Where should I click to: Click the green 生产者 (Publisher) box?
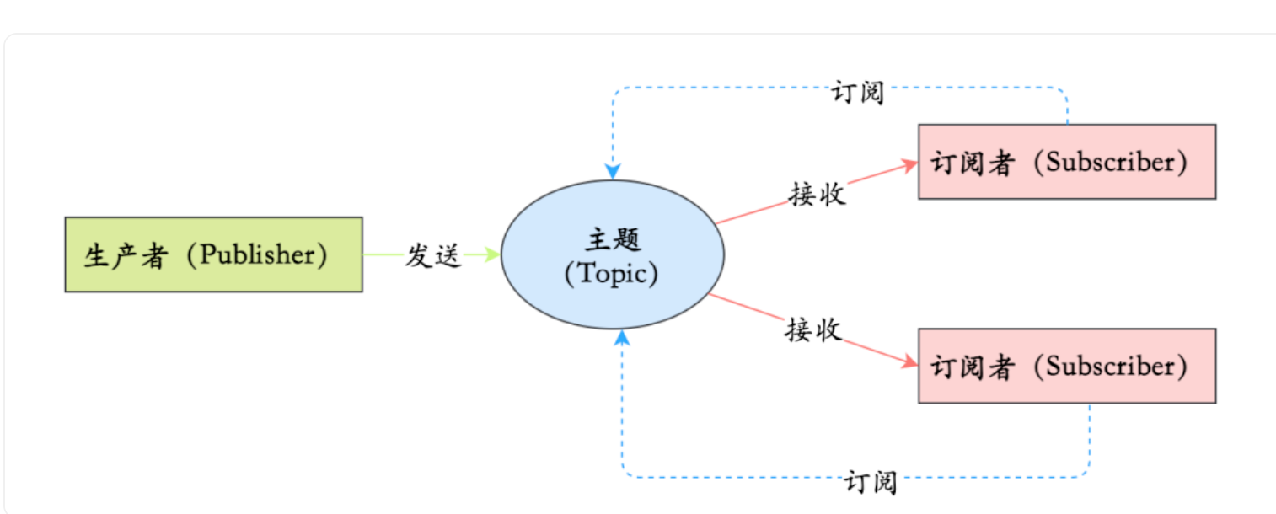click(213, 254)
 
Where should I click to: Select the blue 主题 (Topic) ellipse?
click(613, 254)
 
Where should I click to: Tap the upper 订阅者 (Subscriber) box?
click(1066, 162)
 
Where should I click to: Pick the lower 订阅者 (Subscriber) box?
click(1066, 366)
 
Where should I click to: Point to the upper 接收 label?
click(817, 193)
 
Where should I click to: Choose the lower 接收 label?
click(813, 329)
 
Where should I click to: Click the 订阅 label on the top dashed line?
click(858, 92)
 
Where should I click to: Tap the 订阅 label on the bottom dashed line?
click(870, 483)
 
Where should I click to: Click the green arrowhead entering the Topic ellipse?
click(494, 254)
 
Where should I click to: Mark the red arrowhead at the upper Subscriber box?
click(909, 164)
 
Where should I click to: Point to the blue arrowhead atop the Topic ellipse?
click(613, 172)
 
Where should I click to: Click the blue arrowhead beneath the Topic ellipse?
click(622, 337)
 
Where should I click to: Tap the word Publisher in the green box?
click(256, 255)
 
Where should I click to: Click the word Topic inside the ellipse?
click(613, 274)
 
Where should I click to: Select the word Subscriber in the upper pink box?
click(1110, 163)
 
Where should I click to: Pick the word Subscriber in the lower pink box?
click(1110, 367)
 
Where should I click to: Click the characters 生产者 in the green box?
click(125, 255)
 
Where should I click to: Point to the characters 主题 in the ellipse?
click(613, 238)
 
